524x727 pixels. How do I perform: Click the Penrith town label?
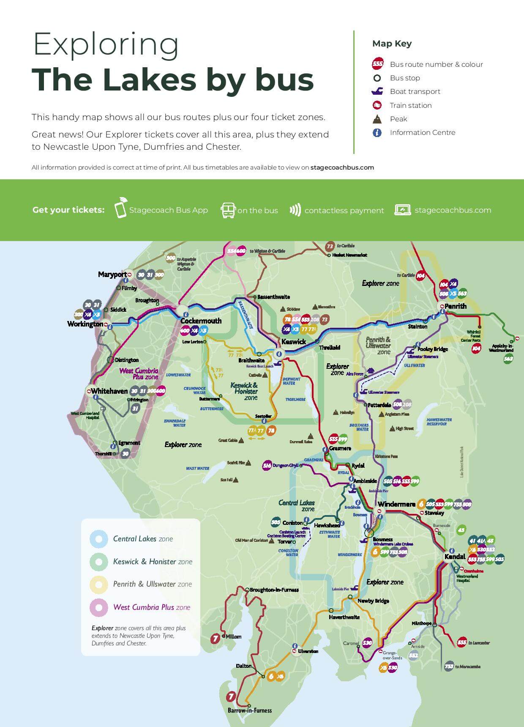pyautogui.click(x=456, y=306)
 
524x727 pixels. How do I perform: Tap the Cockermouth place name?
pyautogui.click(x=201, y=321)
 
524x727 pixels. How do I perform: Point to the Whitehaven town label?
pyautogui.click(x=109, y=391)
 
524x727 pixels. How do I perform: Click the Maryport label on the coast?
pyautogui.click(x=112, y=274)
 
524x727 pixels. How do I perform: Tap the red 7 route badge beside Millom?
pyautogui.click(x=216, y=638)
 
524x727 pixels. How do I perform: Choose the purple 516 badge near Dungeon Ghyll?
pyautogui.click(x=267, y=466)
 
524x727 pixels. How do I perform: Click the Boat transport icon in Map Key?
pyautogui.click(x=377, y=91)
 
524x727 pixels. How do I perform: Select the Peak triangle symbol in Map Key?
pyautogui.click(x=377, y=119)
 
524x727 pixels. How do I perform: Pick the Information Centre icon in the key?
pyautogui.click(x=377, y=132)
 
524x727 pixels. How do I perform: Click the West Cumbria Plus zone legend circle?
pyautogui.click(x=99, y=607)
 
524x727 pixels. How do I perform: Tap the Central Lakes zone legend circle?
pyautogui.click(x=99, y=539)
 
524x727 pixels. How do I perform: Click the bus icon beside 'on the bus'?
pyautogui.click(x=228, y=210)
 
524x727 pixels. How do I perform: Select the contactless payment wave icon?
pyautogui.click(x=295, y=210)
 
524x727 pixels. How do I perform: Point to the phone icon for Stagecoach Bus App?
pyautogui.click(x=121, y=208)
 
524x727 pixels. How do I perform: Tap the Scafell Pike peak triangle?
pyautogui.click(x=248, y=464)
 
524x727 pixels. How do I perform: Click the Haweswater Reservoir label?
pyautogui.click(x=439, y=422)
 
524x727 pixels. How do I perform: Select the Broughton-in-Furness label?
pyautogui.click(x=274, y=590)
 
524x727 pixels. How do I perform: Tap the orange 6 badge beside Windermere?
pyautogui.click(x=420, y=504)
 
